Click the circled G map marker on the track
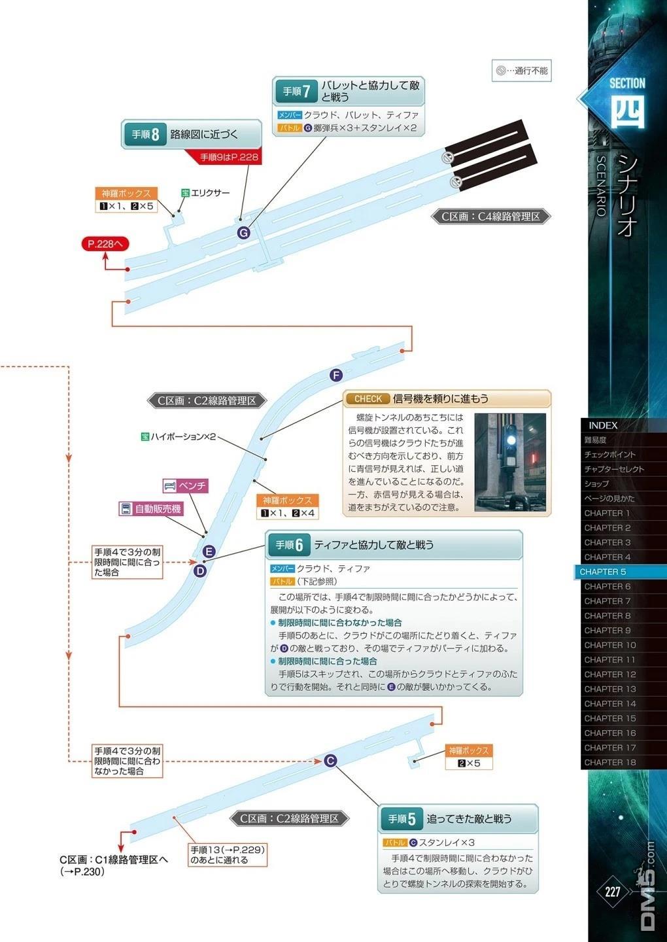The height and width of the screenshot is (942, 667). [x=243, y=233]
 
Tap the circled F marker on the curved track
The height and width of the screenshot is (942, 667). [x=336, y=375]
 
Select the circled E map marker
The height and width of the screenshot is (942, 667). [x=209, y=551]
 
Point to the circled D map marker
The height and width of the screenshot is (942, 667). [x=200, y=570]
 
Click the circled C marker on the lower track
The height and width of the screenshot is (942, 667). [x=330, y=760]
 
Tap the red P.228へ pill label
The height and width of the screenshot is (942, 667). [x=105, y=243]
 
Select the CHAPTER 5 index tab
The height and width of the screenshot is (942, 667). [x=621, y=572]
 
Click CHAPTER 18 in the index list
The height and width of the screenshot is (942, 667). [x=610, y=762]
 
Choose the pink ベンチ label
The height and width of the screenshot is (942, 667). [x=186, y=485]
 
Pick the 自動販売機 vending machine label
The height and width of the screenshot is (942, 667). [x=151, y=509]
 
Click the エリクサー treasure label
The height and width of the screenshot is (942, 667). [x=205, y=193]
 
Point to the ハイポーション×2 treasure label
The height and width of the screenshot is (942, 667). [x=179, y=436]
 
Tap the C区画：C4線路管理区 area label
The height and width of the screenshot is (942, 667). [x=490, y=217]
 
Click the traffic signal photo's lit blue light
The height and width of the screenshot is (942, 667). [x=511, y=440]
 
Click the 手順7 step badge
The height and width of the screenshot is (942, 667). [x=296, y=92]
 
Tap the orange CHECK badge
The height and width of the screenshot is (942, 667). [x=368, y=398]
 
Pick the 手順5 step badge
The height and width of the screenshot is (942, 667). [x=402, y=818]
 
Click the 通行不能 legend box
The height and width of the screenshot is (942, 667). [x=521, y=71]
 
